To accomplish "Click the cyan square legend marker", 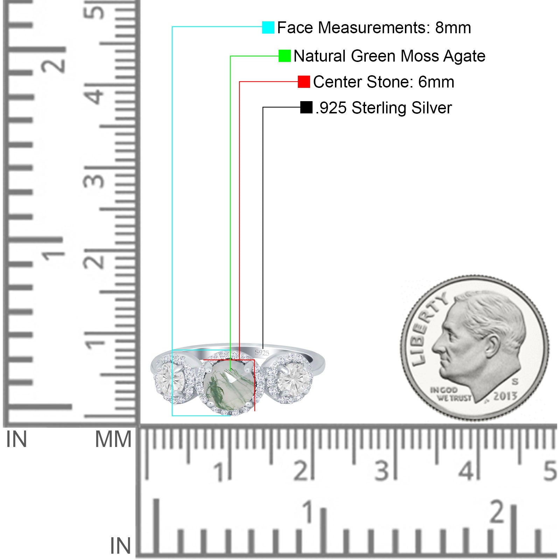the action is [268, 27].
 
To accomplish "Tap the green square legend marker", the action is [285, 56].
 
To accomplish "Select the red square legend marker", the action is [304, 82].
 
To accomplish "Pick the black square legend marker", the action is [306, 107].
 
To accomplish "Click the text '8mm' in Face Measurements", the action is [453, 28].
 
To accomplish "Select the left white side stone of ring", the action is [171, 379].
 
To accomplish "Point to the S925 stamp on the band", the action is [262, 352].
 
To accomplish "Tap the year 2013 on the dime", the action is [505, 396].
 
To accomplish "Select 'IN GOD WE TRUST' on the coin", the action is [450, 394].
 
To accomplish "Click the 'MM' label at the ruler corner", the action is [113, 440].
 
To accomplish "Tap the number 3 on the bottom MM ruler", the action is [381, 471].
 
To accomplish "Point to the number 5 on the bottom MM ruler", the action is [549, 471].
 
